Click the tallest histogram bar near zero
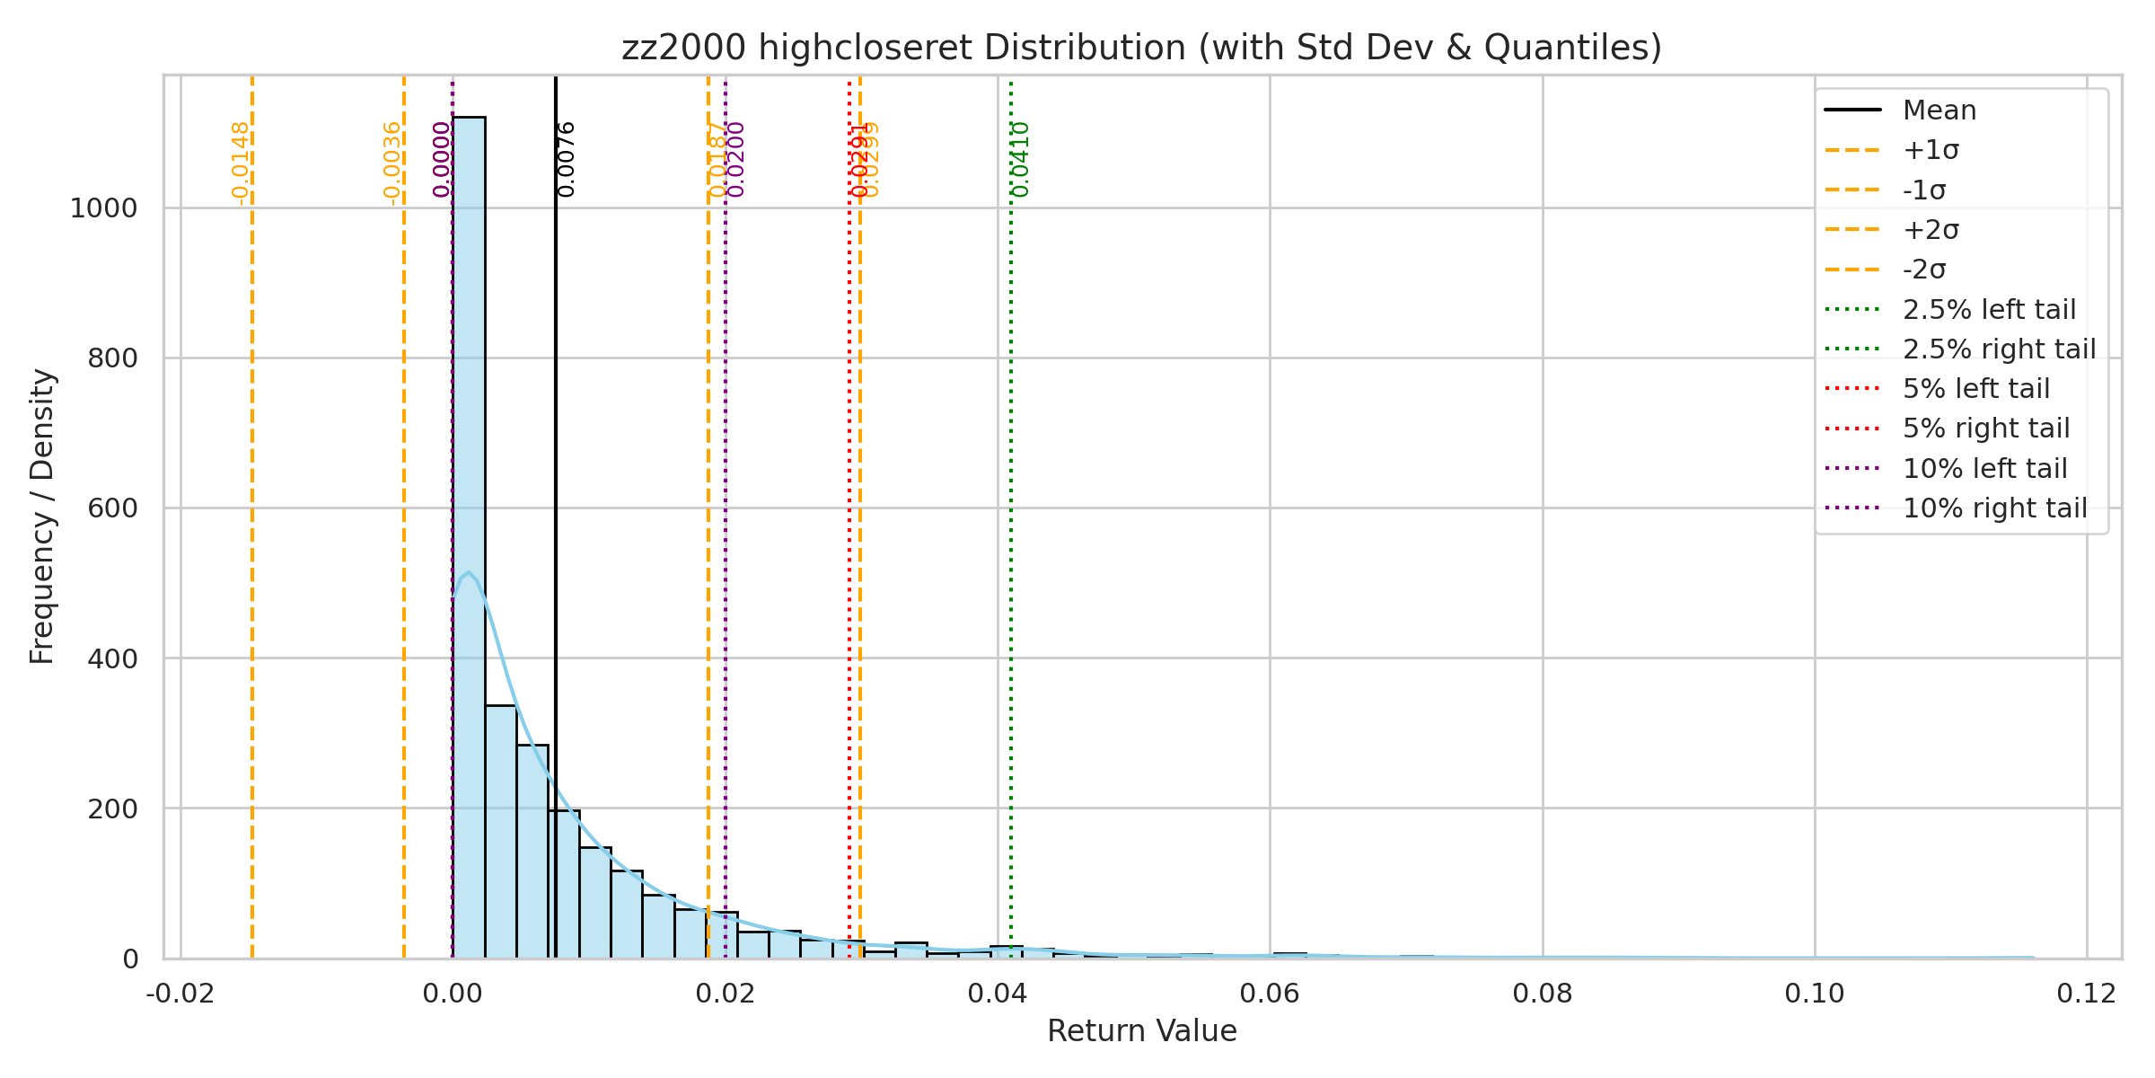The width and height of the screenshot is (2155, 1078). pos(469,539)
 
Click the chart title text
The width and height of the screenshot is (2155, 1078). pos(1141,48)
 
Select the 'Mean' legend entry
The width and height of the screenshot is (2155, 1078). pos(1939,110)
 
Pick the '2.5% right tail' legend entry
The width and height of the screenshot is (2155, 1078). pos(1999,349)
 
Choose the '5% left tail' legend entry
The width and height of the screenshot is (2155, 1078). pos(1975,389)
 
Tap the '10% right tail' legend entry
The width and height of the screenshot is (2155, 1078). pos(1994,508)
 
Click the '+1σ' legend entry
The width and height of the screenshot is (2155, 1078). pos(1931,150)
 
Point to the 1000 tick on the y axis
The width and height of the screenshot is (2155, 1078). pos(104,208)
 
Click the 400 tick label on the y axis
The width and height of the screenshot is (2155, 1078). pos(112,658)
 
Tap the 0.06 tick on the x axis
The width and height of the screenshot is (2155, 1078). pos(1270,994)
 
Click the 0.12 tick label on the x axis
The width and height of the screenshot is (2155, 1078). pos(2087,994)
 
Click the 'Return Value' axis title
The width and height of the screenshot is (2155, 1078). pos(1141,1031)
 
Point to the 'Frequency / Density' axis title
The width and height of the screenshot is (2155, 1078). pos(42,517)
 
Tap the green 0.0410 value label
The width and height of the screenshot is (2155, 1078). pos(1021,159)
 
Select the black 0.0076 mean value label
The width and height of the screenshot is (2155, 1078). pos(567,159)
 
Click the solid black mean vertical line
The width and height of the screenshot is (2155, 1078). pos(556,449)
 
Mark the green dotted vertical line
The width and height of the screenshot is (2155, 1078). pos(1011,539)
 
